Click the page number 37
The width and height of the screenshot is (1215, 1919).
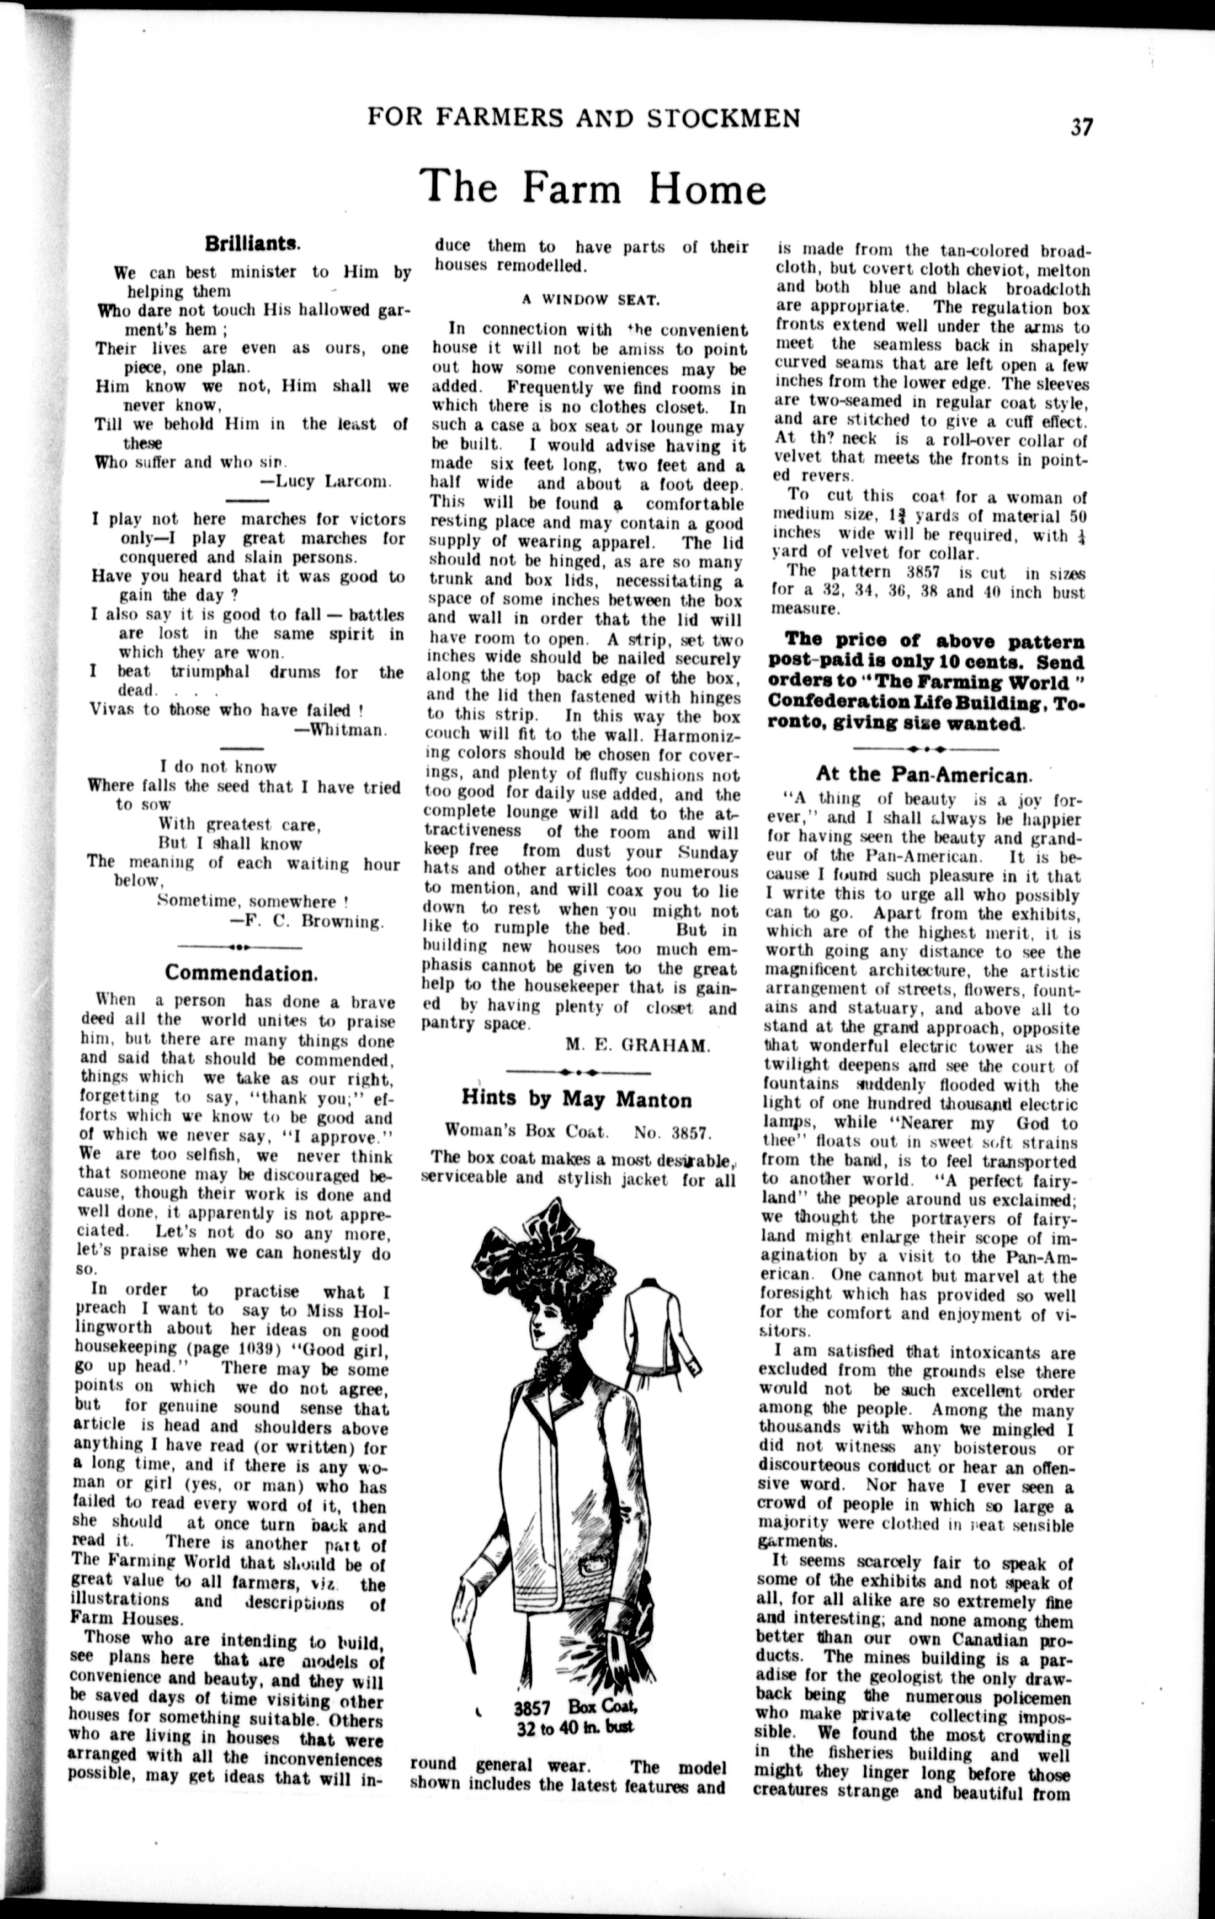1081,128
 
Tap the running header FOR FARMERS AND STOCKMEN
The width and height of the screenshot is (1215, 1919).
584,119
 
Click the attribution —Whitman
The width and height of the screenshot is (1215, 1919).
341,729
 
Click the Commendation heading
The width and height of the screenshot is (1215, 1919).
241,973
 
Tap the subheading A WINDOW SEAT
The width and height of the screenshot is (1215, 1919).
591,300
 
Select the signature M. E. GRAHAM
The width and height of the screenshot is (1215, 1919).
637,1045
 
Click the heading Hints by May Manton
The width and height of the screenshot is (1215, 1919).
576,1099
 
